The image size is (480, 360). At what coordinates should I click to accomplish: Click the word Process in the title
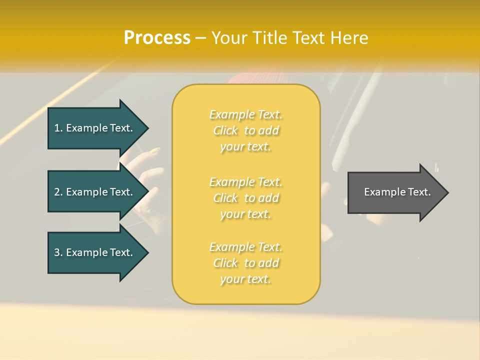[157, 38]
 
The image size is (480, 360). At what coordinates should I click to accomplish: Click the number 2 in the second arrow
[57, 192]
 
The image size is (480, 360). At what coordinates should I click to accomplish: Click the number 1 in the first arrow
[57, 128]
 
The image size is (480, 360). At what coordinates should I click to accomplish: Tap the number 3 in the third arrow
[57, 252]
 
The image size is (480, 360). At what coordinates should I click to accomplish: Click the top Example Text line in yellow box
[245, 114]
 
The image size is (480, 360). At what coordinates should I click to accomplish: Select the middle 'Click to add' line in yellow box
[245, 198]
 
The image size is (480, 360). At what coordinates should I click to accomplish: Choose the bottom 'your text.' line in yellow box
[245, 279]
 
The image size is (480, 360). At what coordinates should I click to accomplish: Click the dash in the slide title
[201, 38]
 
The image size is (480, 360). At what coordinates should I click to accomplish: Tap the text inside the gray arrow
[397, 192]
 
